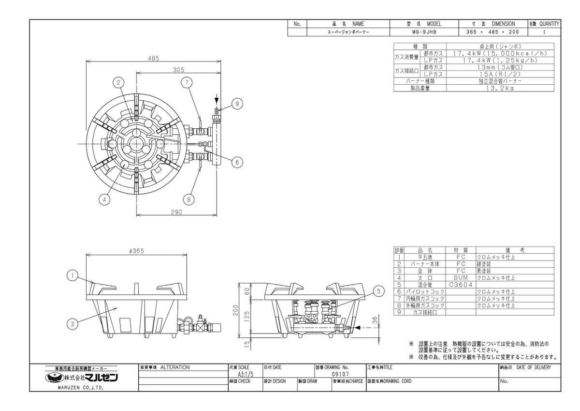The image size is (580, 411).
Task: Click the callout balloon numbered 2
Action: [x=118, y=82]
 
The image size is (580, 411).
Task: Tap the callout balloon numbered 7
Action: [x=187, y=82]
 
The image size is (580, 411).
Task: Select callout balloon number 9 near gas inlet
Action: [x=237, y=104]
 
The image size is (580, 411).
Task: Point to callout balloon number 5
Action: [x=378, y=291]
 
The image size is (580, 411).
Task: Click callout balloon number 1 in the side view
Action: [x=72, y=275]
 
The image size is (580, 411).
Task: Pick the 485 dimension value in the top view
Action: [x=153, y=59]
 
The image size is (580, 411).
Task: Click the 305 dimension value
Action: [x=178, y=70]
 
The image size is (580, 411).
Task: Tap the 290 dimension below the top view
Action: [x=176, y=212]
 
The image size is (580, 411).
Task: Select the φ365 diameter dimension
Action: [x=136, y=251]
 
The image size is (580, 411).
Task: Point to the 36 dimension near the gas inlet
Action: [x=376, y=320]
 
